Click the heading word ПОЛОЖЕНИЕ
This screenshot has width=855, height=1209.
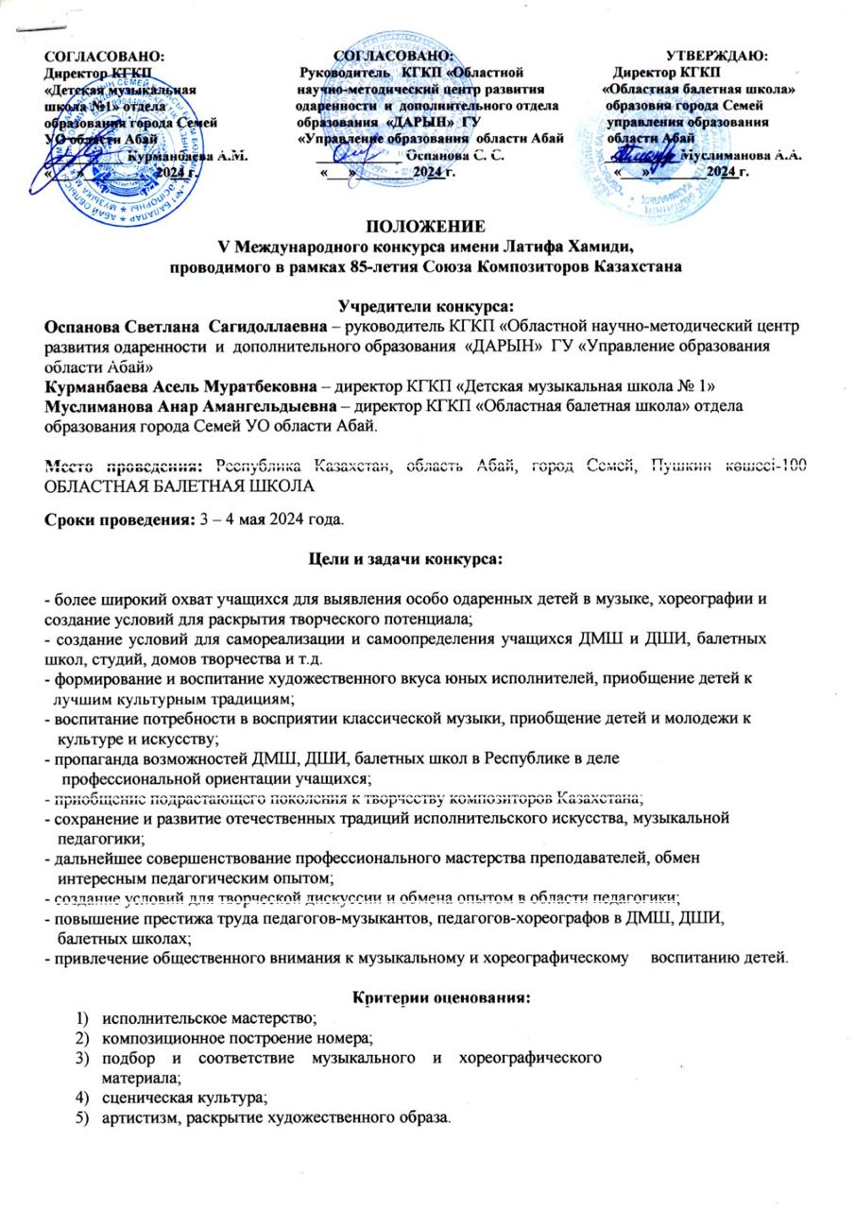pyautogui.click(x=428, y=227)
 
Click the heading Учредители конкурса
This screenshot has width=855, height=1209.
pyautogui.click(x=428, y=304)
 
